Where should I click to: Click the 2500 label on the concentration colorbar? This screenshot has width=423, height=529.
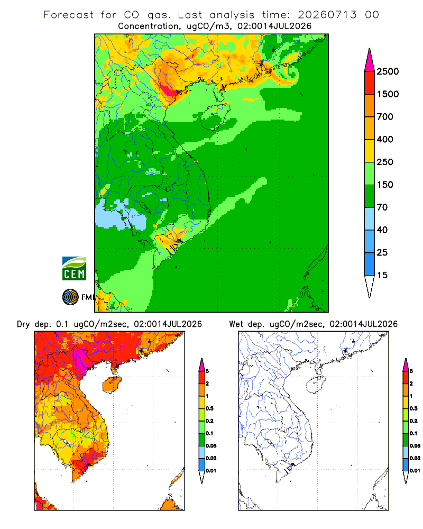[x=388, y=71]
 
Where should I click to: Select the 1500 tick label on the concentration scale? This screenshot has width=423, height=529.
[x=388, y=94]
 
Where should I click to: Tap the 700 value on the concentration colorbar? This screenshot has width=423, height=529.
[x=385, y=117]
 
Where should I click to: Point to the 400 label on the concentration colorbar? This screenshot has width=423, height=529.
[x=385, y=139]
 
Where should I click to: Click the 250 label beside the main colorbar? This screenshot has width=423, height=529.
[x=385, y=162]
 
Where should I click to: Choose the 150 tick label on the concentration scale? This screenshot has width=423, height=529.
[x=385, y=185]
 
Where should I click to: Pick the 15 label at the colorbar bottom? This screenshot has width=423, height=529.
[x=382, y=275]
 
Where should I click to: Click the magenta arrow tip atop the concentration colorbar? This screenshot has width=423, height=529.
[x=370, y=49]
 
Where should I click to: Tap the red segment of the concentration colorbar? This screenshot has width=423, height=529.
[x=370, y=83]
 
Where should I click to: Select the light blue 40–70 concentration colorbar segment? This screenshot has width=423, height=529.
[x=370, y=218]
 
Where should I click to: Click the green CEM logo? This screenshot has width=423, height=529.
[x=74, y=269]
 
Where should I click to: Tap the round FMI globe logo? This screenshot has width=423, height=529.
[x=70, y=297]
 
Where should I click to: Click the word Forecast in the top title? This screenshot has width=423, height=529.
[x=69, y=15]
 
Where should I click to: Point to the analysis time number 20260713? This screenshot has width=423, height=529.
[x=327, y=15]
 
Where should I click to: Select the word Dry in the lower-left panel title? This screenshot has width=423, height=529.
[x=23, y=324]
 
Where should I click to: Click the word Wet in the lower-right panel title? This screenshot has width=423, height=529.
[x=236, y=324]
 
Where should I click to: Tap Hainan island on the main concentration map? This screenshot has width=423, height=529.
[x=215, y=116]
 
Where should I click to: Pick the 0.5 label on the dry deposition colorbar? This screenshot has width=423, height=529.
[x=209, y=408]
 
